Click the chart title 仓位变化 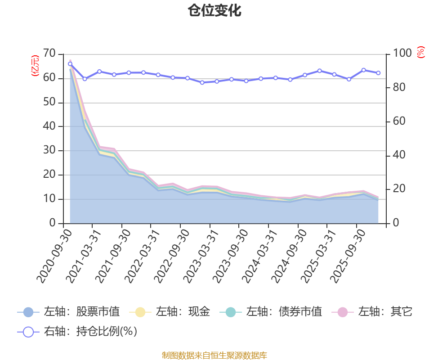coord(214,11)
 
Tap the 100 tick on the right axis coord(402,54)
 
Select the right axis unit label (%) coord(420,52)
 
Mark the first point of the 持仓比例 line coord(70,64)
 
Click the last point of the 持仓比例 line coord(378,73)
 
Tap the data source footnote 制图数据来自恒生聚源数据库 coord(214,355)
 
